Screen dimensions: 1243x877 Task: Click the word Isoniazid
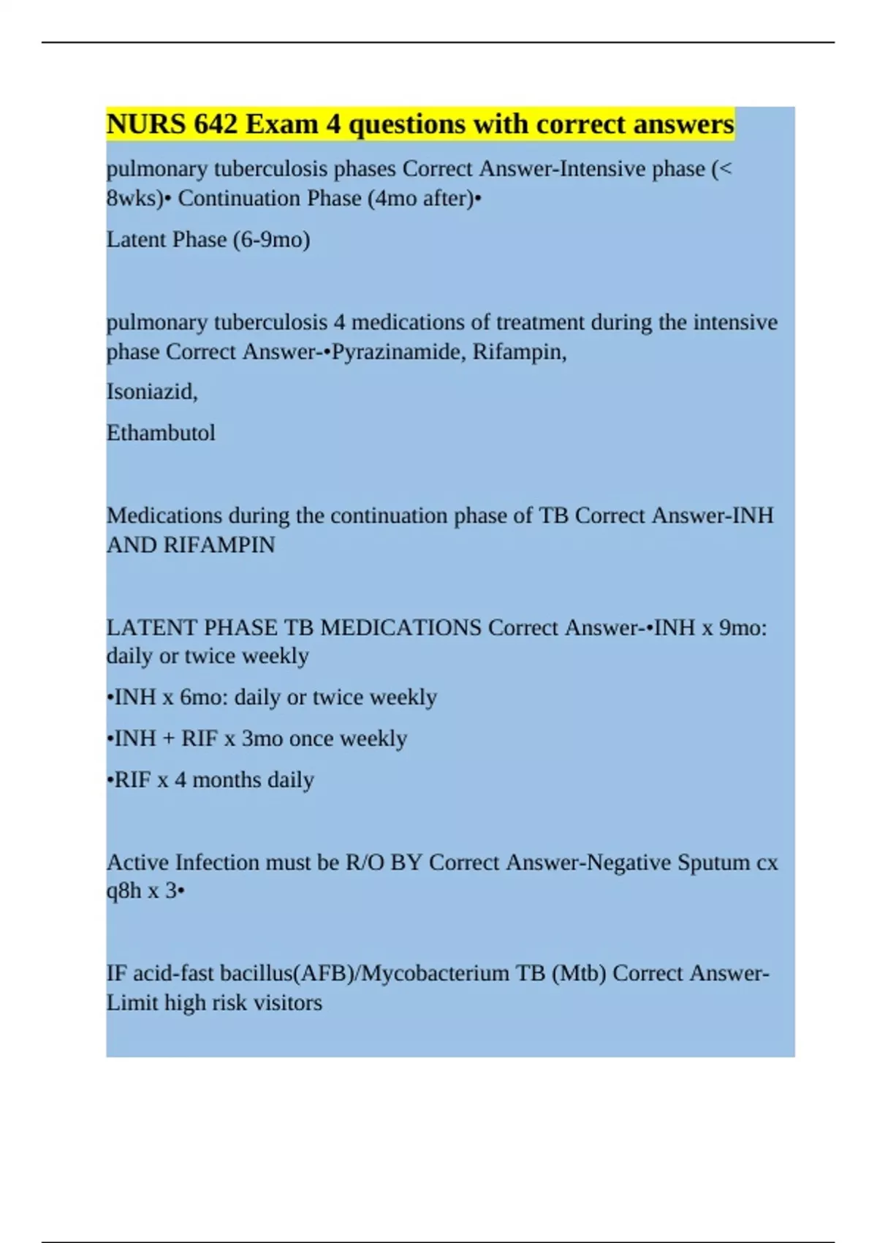(x=151, y=392)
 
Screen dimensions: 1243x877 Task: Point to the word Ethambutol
(x=161, y=433)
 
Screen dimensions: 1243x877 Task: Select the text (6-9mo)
(x=271, y=240)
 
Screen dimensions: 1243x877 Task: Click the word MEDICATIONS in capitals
(x=400, y=627)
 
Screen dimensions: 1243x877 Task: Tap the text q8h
(x=124, y=891)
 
